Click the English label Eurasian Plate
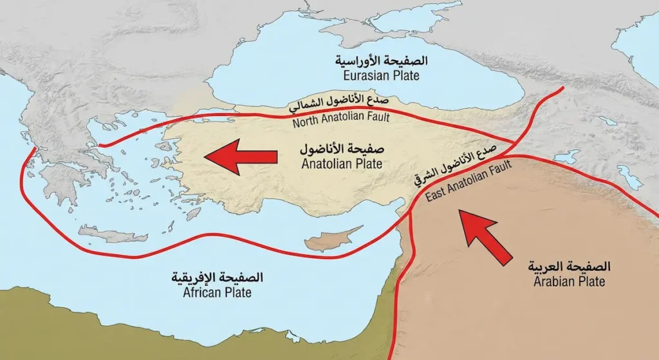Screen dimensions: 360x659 tap(381, 75)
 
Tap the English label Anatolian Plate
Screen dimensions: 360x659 tap(342, 164)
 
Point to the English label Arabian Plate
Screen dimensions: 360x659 tap(569, 281)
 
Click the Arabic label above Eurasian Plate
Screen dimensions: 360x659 tap(381, 61)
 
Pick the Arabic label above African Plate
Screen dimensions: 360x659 tap(217, 278)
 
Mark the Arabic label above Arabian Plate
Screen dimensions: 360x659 tap(569, 267)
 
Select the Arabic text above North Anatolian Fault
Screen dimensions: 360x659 tap(341, 103)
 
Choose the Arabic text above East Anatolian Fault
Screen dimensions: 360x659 tap(454, 164)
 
